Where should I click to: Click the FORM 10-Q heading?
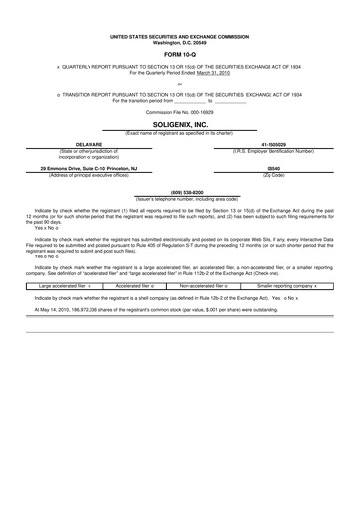(179, 54)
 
